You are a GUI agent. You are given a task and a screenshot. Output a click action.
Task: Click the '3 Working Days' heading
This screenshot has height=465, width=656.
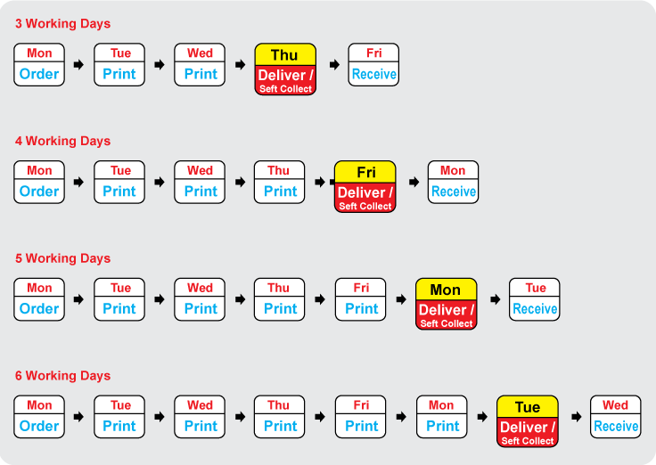tap(62, 24)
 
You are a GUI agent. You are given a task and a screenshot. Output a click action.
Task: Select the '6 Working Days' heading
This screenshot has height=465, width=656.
tap(62, 376)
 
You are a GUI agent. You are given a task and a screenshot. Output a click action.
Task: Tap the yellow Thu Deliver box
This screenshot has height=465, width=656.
tap(285, 69)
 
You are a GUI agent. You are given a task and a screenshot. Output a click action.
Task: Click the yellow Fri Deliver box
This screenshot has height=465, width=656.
tap(365, 187)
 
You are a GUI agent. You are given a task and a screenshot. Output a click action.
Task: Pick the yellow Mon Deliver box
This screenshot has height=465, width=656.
tap(446, 305)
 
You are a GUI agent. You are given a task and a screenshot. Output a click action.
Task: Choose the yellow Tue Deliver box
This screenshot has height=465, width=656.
tap(527, 422)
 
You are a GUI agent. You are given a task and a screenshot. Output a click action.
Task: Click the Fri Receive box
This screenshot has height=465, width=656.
tap(373, 65)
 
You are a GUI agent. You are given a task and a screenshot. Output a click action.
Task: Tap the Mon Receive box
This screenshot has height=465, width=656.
tap(453, 182)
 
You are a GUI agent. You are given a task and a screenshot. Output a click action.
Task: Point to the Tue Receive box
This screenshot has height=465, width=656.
tap(534, 299)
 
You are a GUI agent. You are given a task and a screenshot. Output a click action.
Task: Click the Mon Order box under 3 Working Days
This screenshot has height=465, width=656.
tap(39, 65)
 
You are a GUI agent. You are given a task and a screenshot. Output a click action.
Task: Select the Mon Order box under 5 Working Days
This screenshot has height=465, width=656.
tap(39, 299)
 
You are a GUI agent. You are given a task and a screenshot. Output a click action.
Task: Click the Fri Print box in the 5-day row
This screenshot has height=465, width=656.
tap(360, 299)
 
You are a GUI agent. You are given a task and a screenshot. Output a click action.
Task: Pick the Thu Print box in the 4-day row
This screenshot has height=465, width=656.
tap(279, 182)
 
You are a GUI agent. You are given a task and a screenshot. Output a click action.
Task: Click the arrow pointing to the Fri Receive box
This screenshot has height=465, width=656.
tap(334, 65)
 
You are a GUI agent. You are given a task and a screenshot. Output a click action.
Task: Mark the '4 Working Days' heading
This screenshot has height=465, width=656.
tap(62, 141)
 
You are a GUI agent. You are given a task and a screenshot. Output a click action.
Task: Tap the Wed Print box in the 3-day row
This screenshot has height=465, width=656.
tap(200, 65)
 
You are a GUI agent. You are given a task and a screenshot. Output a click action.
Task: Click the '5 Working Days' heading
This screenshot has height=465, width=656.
tap(62, 258)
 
